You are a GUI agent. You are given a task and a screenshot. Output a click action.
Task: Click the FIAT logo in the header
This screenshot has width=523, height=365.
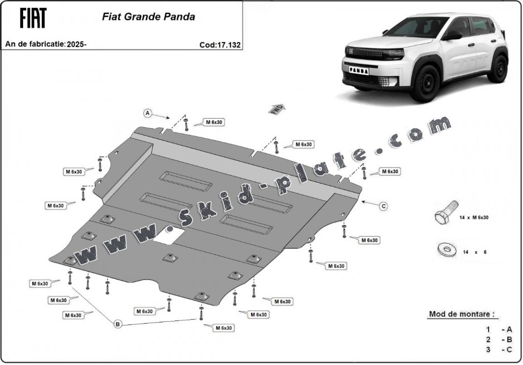[x=33, y=18]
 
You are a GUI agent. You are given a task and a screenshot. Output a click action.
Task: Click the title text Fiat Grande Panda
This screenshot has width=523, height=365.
[x=148, y=17]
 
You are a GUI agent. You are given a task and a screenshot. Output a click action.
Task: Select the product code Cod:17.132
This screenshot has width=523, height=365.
[x=220, y=44]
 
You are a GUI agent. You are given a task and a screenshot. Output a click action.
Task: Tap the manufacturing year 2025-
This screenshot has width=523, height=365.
[x=76, y=44]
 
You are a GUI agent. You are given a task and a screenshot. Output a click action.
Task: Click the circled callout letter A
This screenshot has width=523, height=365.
[x=148, y=113]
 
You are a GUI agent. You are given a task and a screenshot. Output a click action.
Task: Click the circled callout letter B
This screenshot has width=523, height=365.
[x=118, y=324]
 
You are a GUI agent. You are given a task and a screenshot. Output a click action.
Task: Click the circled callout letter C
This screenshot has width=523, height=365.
[x=384, y=206]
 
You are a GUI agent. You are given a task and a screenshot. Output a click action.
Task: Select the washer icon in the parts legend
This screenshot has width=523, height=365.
[x=445, y=249]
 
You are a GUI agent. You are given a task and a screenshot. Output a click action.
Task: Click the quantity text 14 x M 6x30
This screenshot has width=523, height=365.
[x=474, y=217]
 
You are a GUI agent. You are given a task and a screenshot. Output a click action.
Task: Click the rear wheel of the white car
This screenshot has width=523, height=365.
[x=499, y=69]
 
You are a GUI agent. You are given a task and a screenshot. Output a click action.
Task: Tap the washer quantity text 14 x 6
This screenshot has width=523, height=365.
[x=474, y=252]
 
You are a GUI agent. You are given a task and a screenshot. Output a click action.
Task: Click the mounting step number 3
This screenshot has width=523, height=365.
[x=488, y=349]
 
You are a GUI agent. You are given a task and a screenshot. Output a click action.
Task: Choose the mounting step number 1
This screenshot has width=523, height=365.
[x=488, y=330]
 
